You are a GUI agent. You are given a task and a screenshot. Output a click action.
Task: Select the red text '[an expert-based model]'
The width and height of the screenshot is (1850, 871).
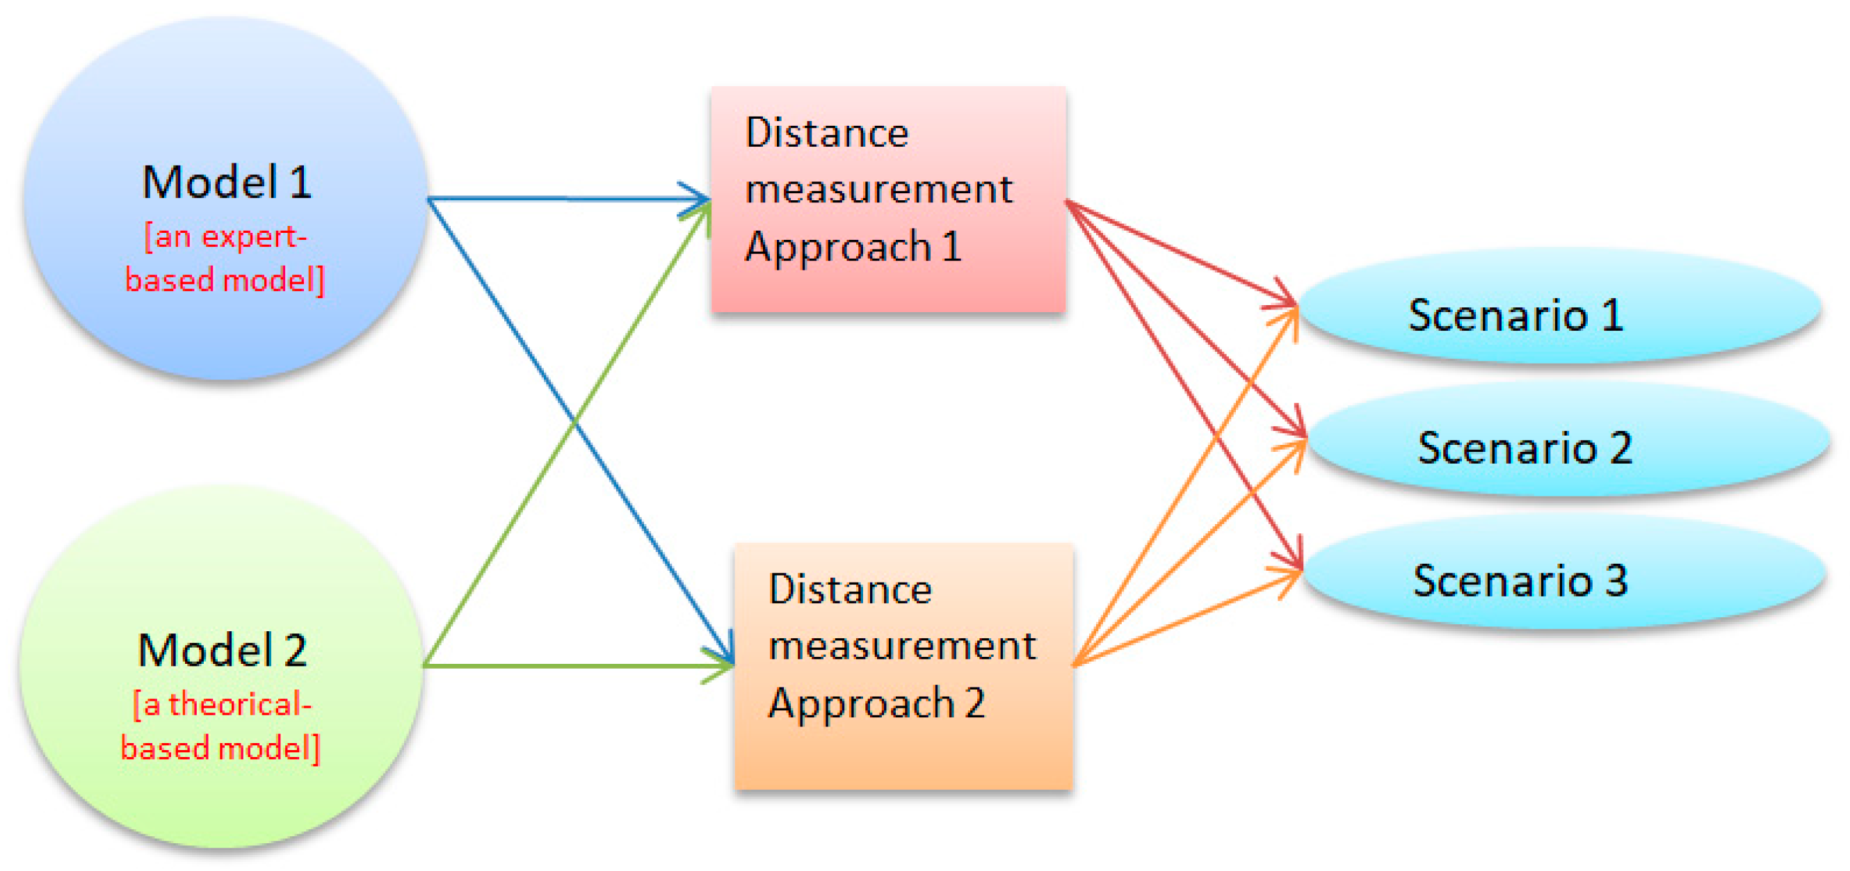pos(225,259)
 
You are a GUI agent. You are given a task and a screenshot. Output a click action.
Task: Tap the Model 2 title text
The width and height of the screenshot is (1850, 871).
pos(222,650)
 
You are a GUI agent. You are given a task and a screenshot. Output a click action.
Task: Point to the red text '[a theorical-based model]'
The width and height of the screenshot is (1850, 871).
pos(220,726)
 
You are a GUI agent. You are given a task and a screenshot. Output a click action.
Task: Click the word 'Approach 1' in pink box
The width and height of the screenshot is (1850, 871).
pos(853,247)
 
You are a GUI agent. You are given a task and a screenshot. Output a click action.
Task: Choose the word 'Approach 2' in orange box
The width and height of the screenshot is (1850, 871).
pos(876,703)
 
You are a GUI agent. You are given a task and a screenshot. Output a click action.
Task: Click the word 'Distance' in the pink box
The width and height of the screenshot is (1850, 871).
pos(827,133)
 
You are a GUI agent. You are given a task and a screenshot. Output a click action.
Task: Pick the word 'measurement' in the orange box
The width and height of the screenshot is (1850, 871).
pos(902,646)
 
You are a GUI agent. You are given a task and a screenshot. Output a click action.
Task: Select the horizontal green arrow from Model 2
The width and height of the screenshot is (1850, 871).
pos(574,666)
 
